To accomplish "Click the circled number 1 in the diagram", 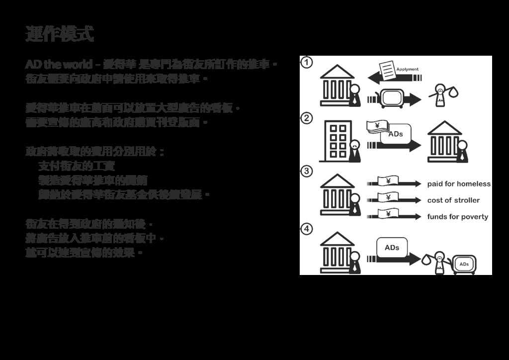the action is tap(307, 63).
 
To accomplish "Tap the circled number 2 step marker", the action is tap(307, 118).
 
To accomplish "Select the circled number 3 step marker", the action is tap(307, 171).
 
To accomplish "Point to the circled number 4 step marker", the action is tap(307, 229).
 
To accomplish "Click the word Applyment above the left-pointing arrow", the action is tap(407, 70).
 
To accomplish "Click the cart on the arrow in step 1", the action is tap(391, 97).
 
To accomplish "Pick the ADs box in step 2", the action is tap(396, 134).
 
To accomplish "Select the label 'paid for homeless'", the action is tap(459, 184).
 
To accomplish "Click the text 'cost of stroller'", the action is tap(453, 200).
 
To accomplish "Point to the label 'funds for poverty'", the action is tap(457, 217).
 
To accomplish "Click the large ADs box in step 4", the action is tap(392, 248).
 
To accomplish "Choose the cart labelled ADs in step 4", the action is tap(465, 264).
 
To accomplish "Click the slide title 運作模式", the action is tap(60, 34).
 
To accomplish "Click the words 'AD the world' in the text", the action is tap(59, 65).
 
